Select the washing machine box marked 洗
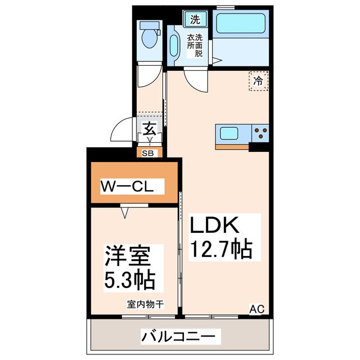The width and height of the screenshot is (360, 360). coord(195,19)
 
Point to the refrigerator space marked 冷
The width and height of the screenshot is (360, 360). coord(258,81)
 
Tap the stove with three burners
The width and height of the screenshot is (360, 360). coord(260,134)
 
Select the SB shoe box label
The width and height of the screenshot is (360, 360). coord(149,152)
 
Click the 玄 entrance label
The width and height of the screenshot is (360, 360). coord(149,128)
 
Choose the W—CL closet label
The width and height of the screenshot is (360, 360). coord(132,186)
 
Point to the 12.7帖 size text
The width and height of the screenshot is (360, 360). coord(220,249)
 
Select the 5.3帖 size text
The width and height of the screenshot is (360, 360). coord(129,279)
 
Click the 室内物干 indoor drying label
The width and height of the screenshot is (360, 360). coord(145,304)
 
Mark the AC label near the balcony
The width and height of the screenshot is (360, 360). coord(256,308)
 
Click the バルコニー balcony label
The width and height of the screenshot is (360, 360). coord(178,337)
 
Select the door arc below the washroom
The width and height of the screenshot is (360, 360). coord(197,82)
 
